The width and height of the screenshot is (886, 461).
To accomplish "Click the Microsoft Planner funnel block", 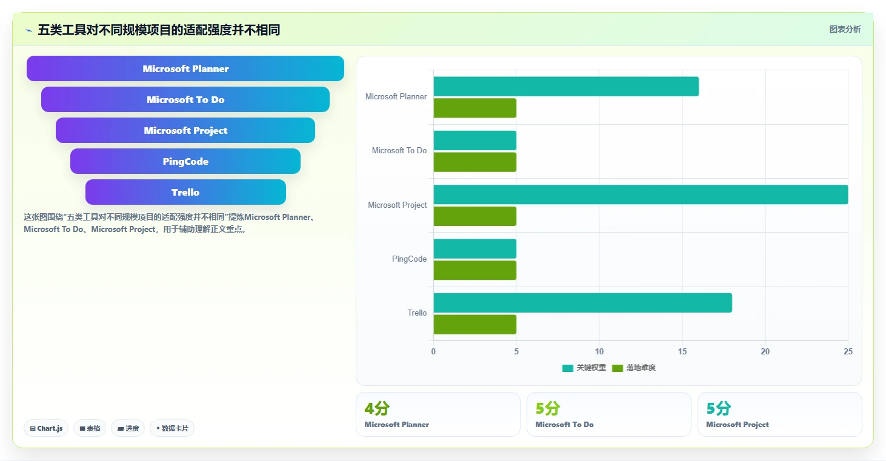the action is pos(185,68).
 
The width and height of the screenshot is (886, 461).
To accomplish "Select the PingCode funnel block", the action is pos(185,161).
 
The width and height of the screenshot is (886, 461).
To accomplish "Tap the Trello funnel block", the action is pos(185,192).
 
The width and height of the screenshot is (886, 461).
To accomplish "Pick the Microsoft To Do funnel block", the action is pos(185,99).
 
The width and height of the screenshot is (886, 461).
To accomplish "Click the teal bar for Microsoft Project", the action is pos(641,194).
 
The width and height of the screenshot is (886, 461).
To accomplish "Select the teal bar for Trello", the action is pos(582,303).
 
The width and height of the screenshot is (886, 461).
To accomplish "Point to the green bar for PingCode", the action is pos(475,270).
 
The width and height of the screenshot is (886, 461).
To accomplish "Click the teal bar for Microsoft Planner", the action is pos(566,86).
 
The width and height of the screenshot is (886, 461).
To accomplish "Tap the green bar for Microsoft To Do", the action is pos(475,162).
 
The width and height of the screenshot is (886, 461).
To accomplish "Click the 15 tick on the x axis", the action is pos(682,351).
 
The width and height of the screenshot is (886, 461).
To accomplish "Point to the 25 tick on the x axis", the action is pos(848,351).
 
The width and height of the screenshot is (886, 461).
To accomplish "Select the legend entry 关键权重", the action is pos(584,368).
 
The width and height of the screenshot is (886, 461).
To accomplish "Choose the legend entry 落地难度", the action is pos(634,368).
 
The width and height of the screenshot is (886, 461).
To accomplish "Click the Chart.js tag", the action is pos(46,428).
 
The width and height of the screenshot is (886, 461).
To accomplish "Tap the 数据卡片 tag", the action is pos(172,428).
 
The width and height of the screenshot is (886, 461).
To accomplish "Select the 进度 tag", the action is pos(128,428).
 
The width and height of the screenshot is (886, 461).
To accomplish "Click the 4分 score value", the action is pos(377,408).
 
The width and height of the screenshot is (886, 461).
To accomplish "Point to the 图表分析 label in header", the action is pos(845,29).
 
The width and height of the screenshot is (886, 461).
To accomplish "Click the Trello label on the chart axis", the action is pos(418,313).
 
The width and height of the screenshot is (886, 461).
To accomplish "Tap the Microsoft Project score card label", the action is pos(738,424).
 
